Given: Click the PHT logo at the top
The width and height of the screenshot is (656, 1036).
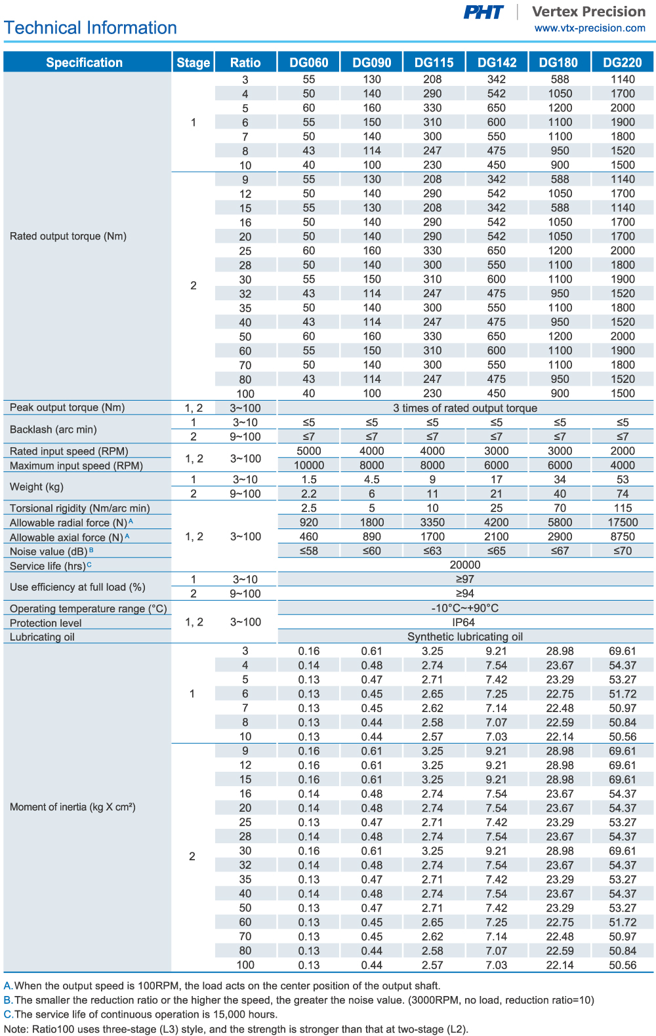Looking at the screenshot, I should tap(483, 12).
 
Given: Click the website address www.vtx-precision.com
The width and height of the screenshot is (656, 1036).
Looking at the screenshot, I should tap(590, 28).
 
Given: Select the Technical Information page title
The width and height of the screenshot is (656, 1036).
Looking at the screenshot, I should tap(91, 28).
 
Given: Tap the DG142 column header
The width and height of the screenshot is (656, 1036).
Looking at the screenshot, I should tap(497, 62).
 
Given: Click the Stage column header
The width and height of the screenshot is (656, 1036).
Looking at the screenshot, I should tap(193, 62).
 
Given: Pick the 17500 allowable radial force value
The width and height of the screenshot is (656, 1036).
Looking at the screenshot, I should tap(623, 523).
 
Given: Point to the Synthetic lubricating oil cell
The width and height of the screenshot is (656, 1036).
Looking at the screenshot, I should tap(464, 637).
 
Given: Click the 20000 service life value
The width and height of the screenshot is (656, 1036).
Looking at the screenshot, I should tap(464, 565).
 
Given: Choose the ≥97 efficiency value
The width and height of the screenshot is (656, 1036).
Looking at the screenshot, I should tap(464, 579).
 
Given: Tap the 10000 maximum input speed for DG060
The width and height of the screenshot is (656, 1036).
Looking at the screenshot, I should tap(308, 466).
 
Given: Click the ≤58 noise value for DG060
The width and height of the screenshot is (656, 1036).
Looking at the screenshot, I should tap(308, 551).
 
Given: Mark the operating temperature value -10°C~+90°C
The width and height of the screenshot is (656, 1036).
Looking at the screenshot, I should tap(464, 608).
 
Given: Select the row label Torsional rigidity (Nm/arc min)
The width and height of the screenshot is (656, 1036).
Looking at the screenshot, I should tap(79, 508).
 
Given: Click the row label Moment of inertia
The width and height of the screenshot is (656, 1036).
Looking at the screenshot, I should tap(72, 807).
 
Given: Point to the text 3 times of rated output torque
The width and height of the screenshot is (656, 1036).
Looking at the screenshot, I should tap(464, 408).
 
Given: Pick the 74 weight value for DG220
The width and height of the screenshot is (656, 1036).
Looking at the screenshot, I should tap(623, 494).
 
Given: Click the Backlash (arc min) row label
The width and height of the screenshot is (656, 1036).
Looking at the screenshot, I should tap(53, 429).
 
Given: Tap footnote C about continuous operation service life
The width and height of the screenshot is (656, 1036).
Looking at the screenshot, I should tap(140, 1014).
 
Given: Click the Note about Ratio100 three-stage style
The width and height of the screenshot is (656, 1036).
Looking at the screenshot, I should tap(236, 1029).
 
